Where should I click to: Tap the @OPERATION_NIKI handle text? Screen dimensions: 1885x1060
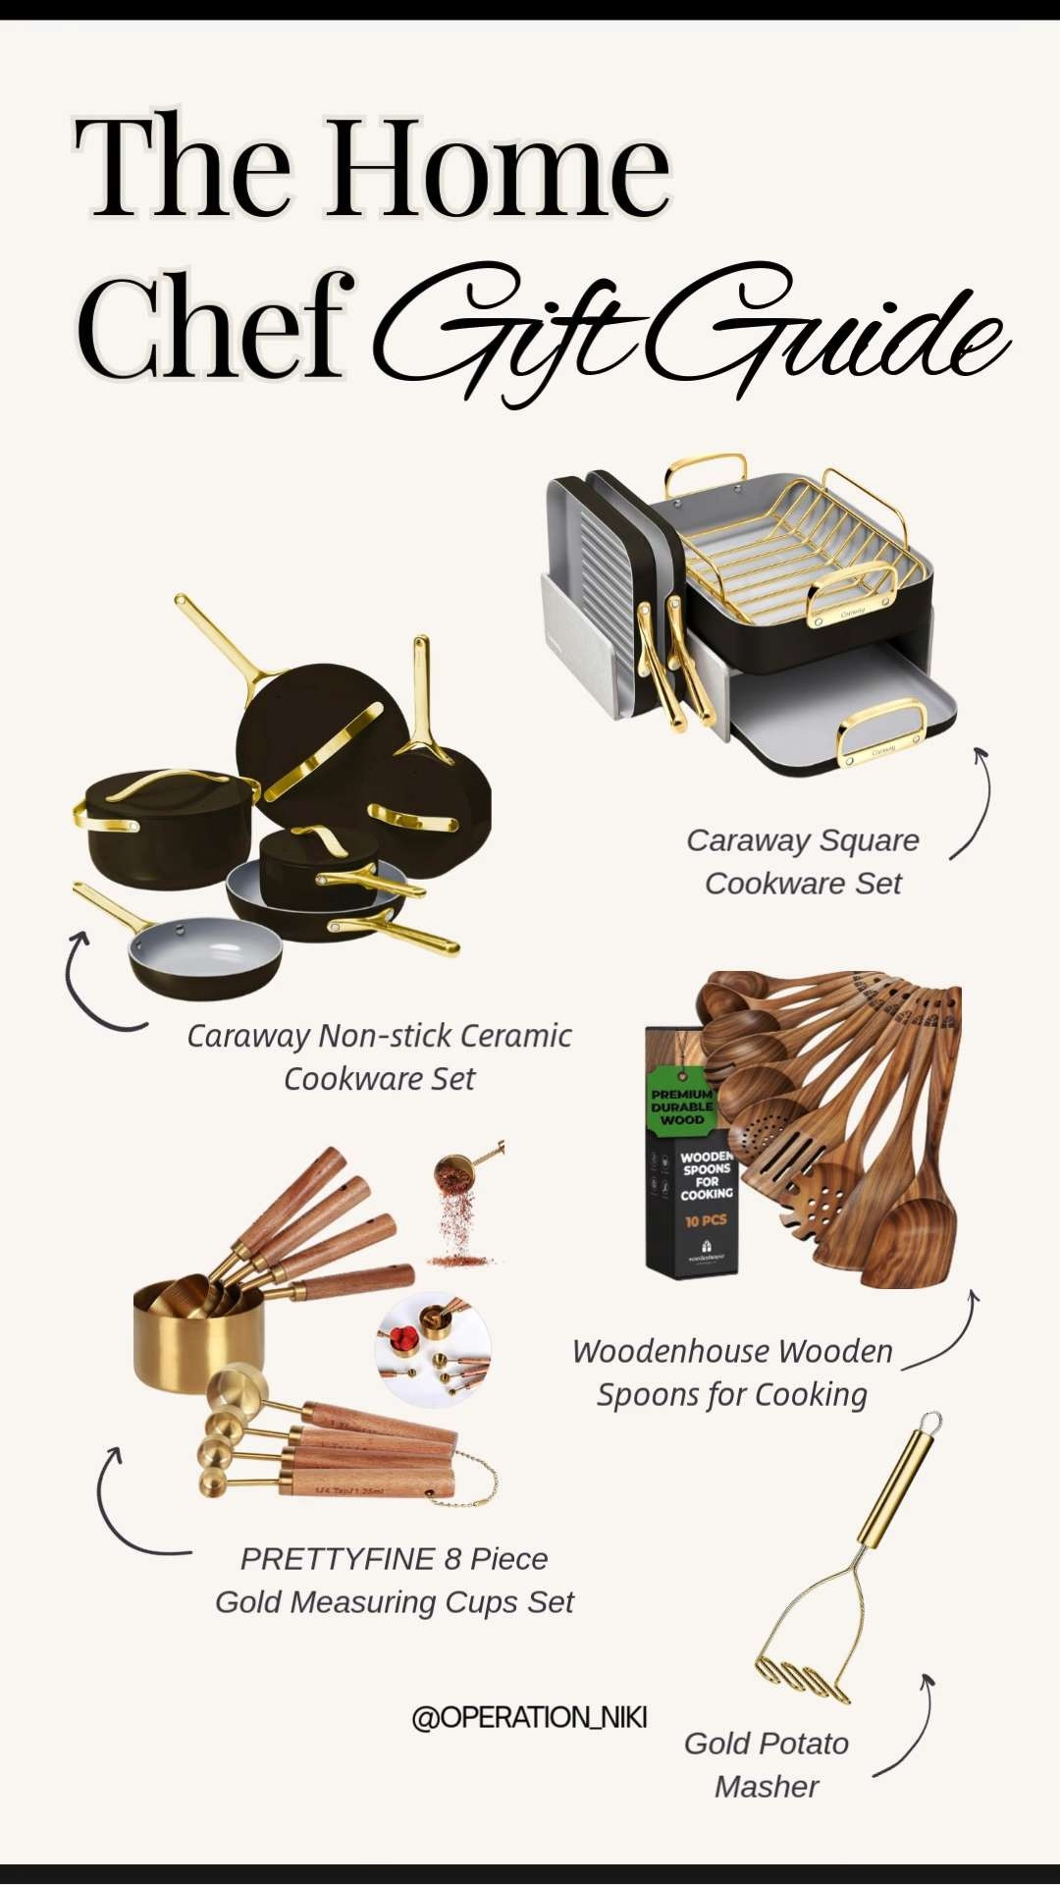[x=529, y=1717]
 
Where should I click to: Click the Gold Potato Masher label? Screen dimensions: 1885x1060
[x=767, y=1764]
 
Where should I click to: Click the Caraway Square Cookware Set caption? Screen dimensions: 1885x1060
[x=803, y=861]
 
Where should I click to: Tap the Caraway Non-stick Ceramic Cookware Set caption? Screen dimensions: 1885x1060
[x=379, y=1056]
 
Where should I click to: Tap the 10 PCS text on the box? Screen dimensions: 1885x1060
[x=706, y=1221]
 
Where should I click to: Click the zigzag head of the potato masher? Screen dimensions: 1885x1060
[x=803, y=1676]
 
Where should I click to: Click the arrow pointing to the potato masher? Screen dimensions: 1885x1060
[x=908, y=1728]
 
